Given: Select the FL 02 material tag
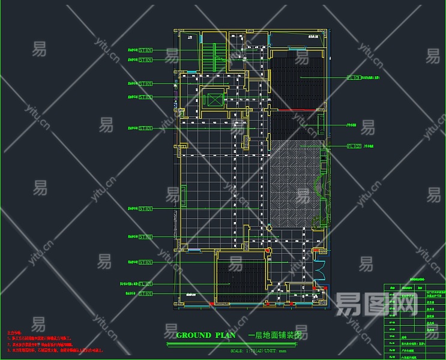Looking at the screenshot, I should (354, 146).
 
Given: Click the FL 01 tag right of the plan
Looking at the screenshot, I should (354, 77).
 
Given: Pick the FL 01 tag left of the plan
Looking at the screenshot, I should (145, 283).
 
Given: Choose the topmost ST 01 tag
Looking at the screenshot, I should (145, 50).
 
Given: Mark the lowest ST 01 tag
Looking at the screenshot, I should (145, 294).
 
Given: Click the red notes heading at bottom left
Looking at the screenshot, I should (14, 331).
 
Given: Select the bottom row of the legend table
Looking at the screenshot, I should (414, 357).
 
